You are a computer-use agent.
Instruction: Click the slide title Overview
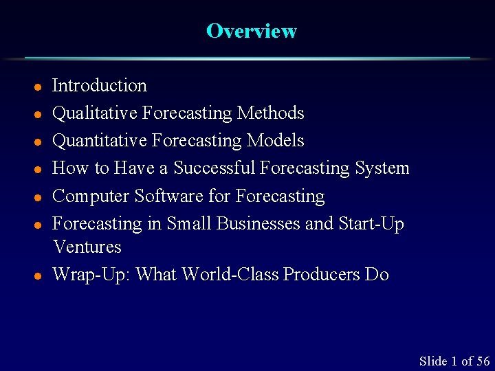pyautogui.click(x=251, y=32)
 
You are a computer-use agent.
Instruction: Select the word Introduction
pyautogui.click(x=100, y=86)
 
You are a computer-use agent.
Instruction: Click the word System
pyautogui.click(x=382, y=168)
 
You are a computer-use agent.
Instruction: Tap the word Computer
pyautogui.click(x=91, y=196)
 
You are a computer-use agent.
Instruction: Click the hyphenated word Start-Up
pyautogui.click(x=371, y=224)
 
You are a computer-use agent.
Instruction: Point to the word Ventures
pyautogui.click(x=87, y=247)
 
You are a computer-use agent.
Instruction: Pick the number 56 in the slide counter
pyautogui.click(x=483, y=361)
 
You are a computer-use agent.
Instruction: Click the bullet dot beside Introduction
pyautogui.click(x=39, y=87)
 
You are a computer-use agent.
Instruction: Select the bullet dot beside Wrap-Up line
pyautogui.click(x=39, y=276)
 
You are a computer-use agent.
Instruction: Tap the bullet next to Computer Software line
pyautogui.click(x=39, y=198)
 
